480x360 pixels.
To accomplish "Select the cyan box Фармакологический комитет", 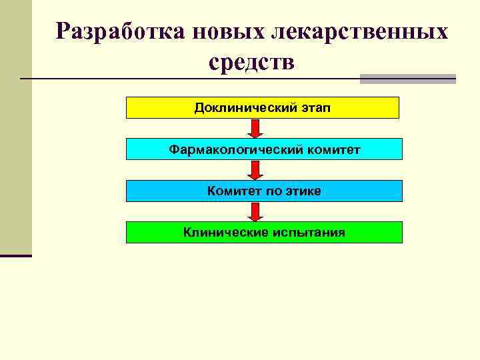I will pos(264,149).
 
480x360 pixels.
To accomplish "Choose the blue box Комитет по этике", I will pos(264,191).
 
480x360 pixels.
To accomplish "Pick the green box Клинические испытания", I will pos(264,232).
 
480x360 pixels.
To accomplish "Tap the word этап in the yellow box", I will pos(314,107).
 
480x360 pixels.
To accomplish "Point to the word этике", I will pos(303,191).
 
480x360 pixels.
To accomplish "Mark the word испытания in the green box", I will pos(309,232).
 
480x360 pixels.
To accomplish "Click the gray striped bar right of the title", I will pos(407,79).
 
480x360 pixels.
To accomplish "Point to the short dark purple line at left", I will pos(15,255).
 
